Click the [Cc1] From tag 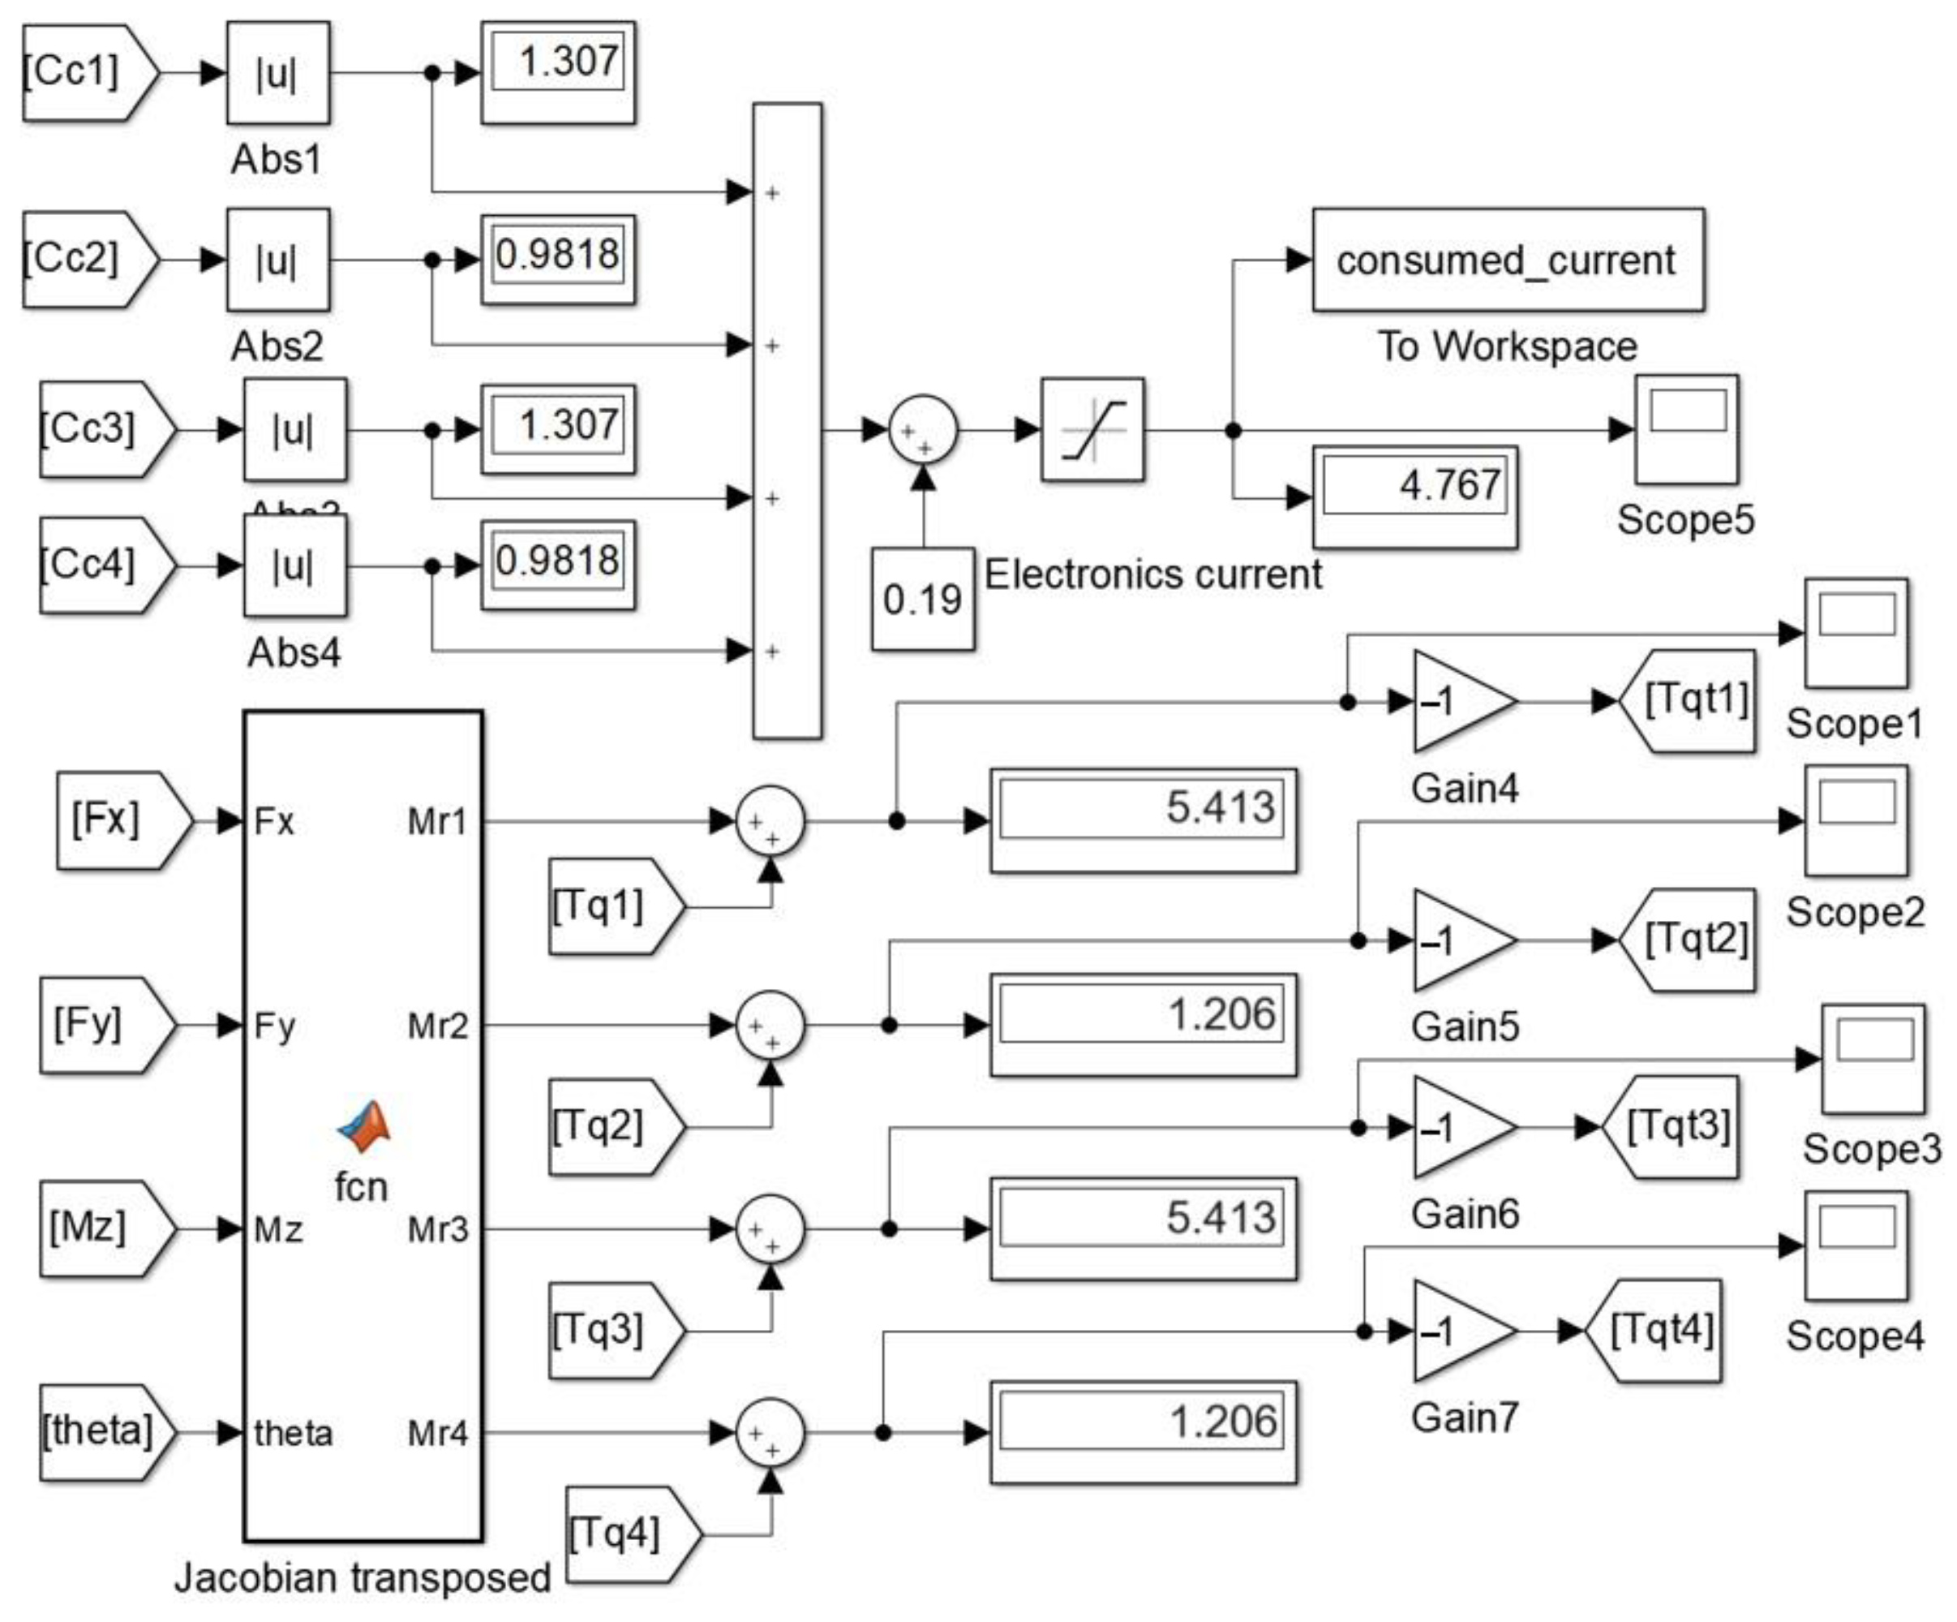click(x=84, y=73)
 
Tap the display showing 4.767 click(x=1414, y=496)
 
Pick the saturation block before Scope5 click(x=1092, y=430)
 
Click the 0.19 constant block click(x=923, y=599)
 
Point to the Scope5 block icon click(x=1686, y=430)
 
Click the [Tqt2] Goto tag click(x=1689, y=940)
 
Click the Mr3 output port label click(x=437, y=1229)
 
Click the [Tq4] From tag click(x=626, y=1534)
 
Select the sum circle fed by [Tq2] click(x=770, y=1026)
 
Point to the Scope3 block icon click(x=1872, y=1060)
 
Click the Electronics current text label click(x=1152, y=574)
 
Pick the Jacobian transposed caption click(x=363, y=1578)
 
